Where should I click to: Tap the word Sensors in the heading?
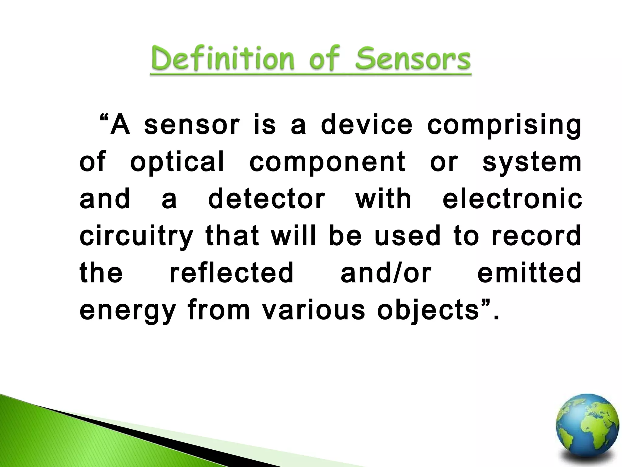413,60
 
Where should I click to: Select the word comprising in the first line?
504,126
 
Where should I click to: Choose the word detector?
266,199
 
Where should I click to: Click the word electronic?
512,199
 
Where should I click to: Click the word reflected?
231,273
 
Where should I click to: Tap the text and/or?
386,273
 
